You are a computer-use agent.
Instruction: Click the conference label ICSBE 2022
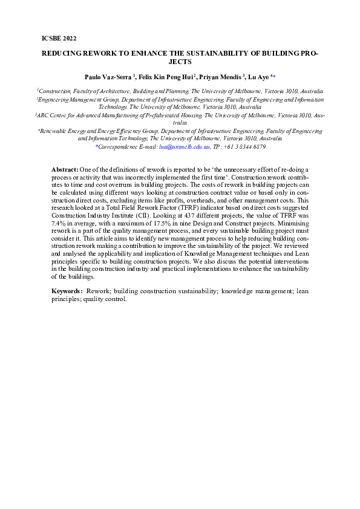[59, 38]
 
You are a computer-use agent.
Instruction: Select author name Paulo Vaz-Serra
[107, 77]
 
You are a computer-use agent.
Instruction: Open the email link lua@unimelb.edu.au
[185, 147]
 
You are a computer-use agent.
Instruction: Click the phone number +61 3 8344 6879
[245, 147]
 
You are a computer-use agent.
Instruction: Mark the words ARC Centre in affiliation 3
[55, 114]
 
